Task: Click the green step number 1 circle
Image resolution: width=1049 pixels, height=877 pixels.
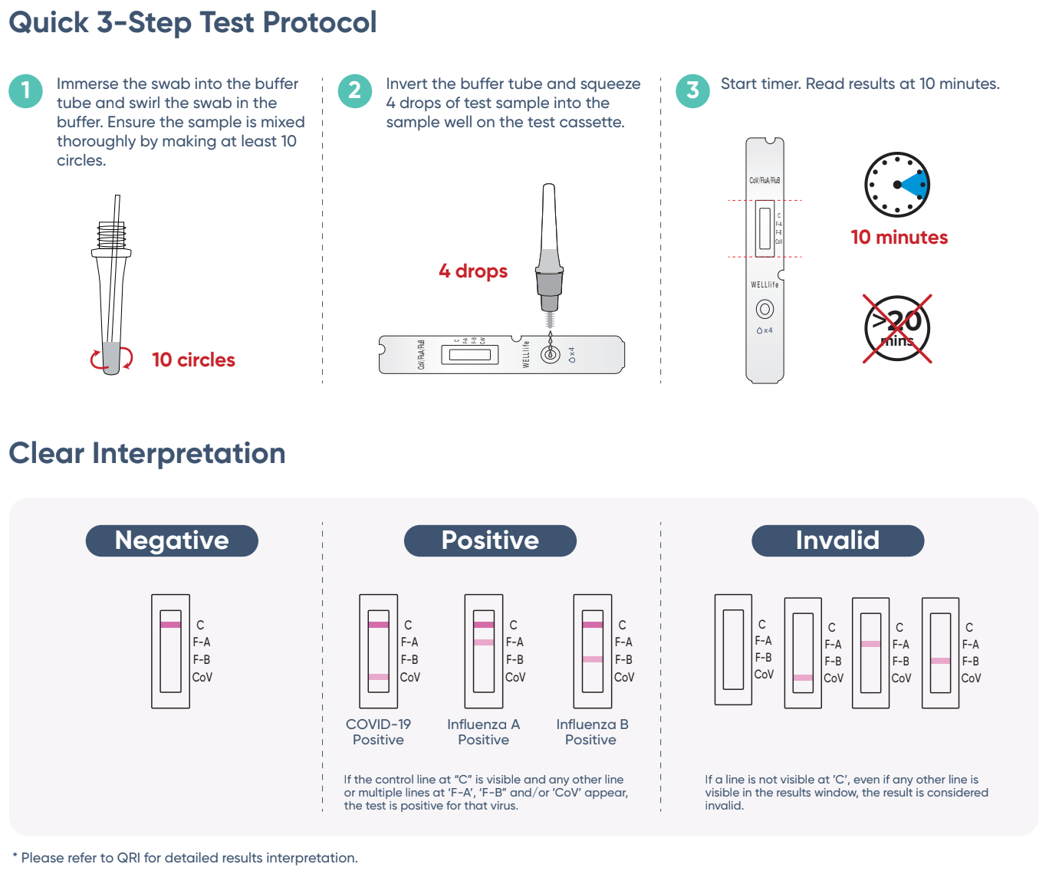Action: pos(26,91)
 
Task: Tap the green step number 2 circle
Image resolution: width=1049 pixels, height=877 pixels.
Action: pos(355,91)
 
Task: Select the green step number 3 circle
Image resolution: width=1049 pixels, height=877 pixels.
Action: pos(692,91)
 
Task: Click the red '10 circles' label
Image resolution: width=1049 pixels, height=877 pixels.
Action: pos(193,360)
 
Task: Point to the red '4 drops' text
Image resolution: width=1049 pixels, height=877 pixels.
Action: pos(473,271)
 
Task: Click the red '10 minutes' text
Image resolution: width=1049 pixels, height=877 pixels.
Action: pos(899,238)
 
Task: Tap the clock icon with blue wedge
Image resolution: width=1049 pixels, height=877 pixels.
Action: pos(897,185)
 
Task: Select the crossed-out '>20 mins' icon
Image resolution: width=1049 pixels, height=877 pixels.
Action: pos(897,329)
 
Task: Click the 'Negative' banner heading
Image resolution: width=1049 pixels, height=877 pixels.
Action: pos(172,540)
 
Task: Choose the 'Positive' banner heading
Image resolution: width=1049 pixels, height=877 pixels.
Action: pos(490,540)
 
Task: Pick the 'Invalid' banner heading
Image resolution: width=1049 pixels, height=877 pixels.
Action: pos(837,540)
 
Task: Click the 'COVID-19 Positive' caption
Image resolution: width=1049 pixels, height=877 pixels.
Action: pos(378,732)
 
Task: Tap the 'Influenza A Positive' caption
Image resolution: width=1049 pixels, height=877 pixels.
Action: pos(483,732)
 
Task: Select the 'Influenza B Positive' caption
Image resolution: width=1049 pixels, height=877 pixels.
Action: pos(591,732)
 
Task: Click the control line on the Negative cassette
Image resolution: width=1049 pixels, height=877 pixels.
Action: pos(170,625)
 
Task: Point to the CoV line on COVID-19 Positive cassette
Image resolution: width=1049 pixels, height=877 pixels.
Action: pos(379,677)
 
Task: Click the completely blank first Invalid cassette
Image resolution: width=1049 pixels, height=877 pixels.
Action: pos(733,649)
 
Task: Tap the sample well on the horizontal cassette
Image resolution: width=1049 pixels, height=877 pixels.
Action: pos(550,354)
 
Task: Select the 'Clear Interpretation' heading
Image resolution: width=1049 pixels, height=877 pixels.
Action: pos(146,453)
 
